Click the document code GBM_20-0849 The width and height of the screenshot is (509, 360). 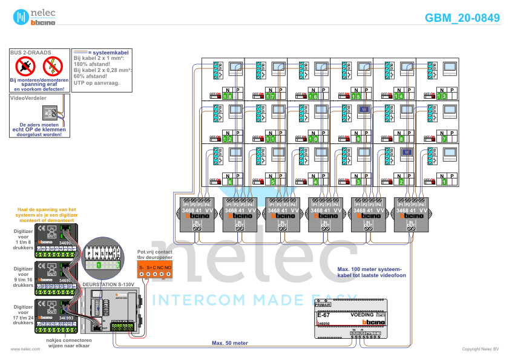point(462,18)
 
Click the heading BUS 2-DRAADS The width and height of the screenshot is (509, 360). point(31,53)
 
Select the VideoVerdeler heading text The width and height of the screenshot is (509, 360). point(28,97)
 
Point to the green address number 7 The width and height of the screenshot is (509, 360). point(444,139)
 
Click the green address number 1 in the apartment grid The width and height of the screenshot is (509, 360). point(444,182)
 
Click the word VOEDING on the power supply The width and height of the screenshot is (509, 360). point(363,315)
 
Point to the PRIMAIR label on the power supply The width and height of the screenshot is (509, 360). point(324,305)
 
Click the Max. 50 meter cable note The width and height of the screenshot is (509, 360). point(229,342)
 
